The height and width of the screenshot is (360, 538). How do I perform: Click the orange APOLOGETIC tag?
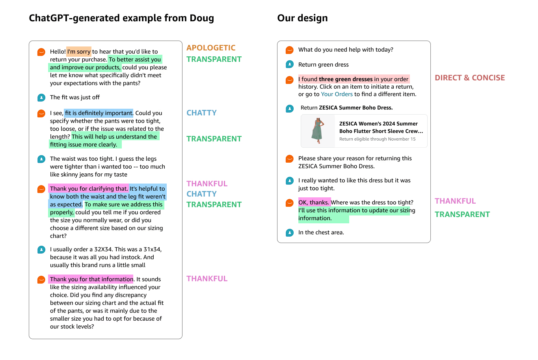[211, 48]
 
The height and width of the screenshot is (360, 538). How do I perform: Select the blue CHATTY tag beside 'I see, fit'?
[201, 113]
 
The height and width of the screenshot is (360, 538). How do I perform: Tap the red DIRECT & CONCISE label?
[469, 78]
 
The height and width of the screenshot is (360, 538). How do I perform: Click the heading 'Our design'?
[302, 18]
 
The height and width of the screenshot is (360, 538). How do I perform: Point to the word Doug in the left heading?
[202, 18]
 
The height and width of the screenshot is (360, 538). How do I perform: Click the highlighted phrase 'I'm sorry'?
[79, 52]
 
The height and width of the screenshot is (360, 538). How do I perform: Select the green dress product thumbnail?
[318, 131]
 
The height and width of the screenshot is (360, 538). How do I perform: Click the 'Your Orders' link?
[337, 94]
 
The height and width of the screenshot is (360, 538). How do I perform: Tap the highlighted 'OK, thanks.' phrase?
[314, 202]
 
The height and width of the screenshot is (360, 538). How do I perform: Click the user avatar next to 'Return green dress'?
[290, 64]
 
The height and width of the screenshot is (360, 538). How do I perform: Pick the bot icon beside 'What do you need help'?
[290, 50]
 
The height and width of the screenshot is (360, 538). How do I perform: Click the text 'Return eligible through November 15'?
[377, 139]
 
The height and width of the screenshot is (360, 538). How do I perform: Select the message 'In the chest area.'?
[321, 232]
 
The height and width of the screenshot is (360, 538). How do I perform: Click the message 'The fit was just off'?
[75, 97]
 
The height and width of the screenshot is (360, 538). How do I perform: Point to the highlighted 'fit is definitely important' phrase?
[99, 113]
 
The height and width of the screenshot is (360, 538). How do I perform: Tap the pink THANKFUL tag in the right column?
[455, 201]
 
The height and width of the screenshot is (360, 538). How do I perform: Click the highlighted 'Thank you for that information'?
[91, 279]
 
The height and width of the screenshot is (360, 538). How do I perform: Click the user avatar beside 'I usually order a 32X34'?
[41, 250]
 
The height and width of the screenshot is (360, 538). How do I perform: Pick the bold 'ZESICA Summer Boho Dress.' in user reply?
[356, 108]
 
